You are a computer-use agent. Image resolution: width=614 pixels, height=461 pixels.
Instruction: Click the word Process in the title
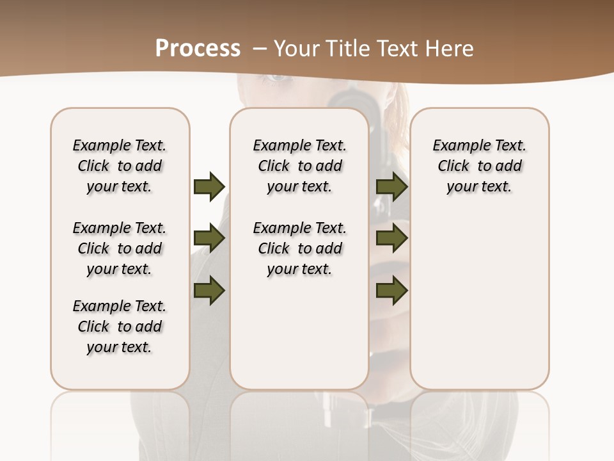[198, 49]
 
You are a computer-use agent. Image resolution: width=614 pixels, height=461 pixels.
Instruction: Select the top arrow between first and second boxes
[209, 186]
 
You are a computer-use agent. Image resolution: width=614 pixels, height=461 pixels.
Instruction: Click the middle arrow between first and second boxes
[209, 239]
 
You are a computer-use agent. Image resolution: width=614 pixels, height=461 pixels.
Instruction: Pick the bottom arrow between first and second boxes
[209, 291]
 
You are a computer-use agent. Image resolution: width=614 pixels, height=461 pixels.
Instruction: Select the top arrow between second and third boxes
[392, 186]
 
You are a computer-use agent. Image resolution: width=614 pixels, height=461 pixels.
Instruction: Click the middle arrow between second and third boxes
[392, 239]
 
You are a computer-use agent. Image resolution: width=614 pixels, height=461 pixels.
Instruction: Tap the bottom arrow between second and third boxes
[392, 291]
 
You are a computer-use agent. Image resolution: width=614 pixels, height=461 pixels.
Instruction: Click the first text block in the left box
[120, 166]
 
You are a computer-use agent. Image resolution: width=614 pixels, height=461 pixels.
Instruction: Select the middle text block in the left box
[120, 248]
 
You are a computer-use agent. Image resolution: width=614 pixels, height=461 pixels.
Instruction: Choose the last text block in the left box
[120, 327]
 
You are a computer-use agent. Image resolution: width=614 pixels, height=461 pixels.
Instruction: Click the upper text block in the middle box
[299, 166]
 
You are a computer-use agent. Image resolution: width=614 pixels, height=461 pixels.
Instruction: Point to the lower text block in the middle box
[299, 248]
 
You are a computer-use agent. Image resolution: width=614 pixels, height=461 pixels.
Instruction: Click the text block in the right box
[479, 166]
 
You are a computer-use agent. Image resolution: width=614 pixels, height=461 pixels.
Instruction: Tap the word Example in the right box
[458, 146]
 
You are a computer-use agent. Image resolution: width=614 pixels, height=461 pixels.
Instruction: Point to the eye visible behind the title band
[277, 77]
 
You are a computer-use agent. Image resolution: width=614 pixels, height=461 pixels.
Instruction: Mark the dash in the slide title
[259, 49]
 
